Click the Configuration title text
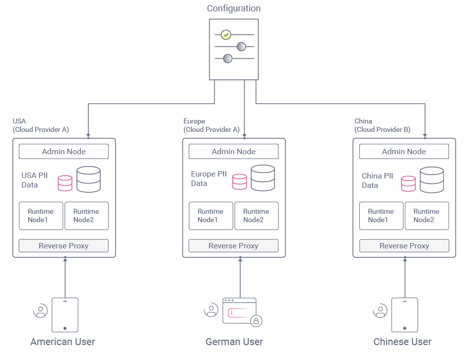point(233,8)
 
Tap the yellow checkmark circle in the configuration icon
point(226,35)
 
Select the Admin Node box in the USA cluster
point(64,152)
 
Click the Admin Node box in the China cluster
point(403,152)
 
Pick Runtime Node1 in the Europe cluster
point(210,216)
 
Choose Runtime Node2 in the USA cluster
point(86,216)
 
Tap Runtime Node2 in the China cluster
point(426,216)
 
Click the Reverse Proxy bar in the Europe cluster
point(233,246)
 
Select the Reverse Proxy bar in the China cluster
point(403,246)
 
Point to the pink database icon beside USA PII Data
point(65,183)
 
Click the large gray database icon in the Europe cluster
point(263,178)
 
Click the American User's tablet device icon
point(65,314)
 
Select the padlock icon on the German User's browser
point(256,321)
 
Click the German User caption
point(234,342)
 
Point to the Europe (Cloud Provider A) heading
point(211,125)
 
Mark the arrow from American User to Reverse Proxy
point(65,278)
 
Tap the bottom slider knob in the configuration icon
point(227,59)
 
